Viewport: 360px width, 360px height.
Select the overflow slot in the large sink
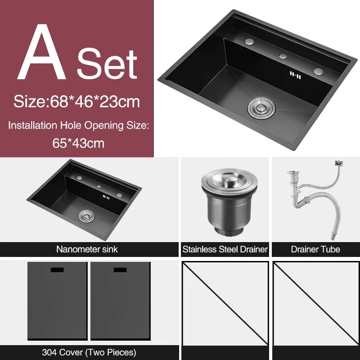pyautogui.click(x=293, y=74)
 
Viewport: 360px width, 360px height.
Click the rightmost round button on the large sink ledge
pyautogui.click(x=318, y=71)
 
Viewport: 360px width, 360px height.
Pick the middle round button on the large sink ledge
pyautogui.click(x=283, y=56)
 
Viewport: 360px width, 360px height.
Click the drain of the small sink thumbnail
pyautogui.click(x=85, y=216)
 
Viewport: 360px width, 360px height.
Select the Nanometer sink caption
pyautogui.click(x=87, y=249)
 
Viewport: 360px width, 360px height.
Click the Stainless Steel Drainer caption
pyautogui.click(x=225, y=249)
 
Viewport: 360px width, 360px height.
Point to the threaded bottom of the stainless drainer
pyautogui.click(x=224, y=228)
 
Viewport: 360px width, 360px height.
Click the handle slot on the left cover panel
pyautogui.click(x=57, y=270)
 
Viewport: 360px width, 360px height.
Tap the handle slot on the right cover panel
pyautogui.click(x=120, y=270)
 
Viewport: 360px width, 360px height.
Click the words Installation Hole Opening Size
pyautogui.click(x=78, y=126)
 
